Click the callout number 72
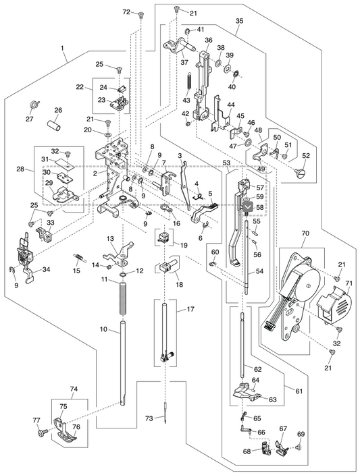pos(126,12)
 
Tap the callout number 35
pos(239,22)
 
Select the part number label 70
pos(305,233)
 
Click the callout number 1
pos(62,49)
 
